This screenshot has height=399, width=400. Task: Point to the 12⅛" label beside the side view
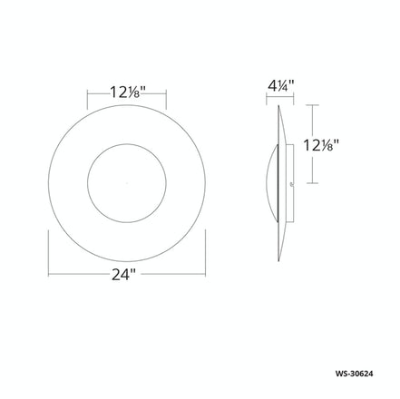coord(324,144)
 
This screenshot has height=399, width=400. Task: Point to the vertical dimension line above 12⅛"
coord(313,120)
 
